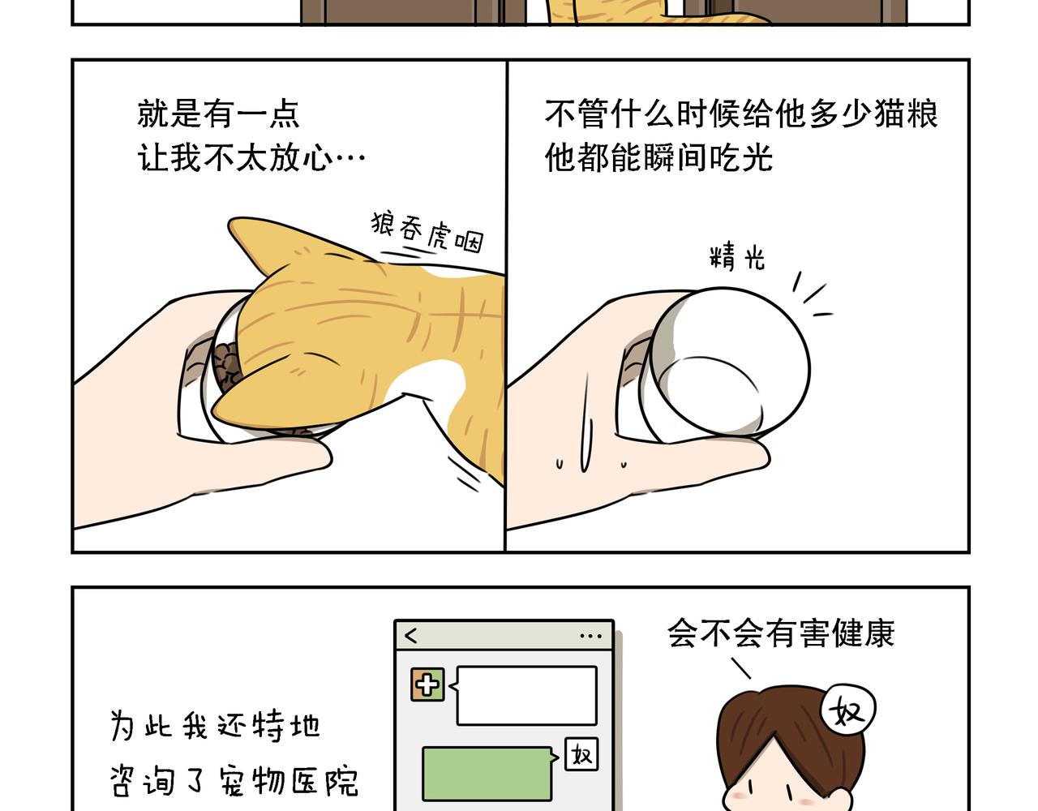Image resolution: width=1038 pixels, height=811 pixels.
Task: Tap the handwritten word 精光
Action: click(737, 257)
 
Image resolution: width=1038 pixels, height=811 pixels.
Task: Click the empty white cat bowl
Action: click(726, 366)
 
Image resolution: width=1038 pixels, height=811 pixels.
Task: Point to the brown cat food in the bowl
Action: click(227, 367)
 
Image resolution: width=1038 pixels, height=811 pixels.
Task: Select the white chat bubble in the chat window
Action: click(525, 695)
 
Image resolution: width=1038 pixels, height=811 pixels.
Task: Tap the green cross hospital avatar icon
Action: click(427, 684)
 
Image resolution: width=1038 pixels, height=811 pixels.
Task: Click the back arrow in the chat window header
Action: click(411, 636)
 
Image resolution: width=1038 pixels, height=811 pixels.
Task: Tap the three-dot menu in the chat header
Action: click(591, 636)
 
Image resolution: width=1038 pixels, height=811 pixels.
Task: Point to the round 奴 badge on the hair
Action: click(847, 710)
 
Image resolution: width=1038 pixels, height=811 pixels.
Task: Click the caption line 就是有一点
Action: click(218, 114)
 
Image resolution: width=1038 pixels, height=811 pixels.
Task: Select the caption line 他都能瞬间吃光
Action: click(658, 157)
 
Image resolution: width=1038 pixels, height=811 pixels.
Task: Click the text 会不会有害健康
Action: click(781, 633)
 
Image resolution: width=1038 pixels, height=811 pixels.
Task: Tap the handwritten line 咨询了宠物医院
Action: click(234, 781)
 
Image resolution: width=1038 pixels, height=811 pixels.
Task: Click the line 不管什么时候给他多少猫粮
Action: click(741, 114)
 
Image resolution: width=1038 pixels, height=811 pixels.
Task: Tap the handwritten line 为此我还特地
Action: click(215, 726)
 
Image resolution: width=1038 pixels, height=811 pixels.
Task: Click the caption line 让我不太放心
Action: click(251, 157)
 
